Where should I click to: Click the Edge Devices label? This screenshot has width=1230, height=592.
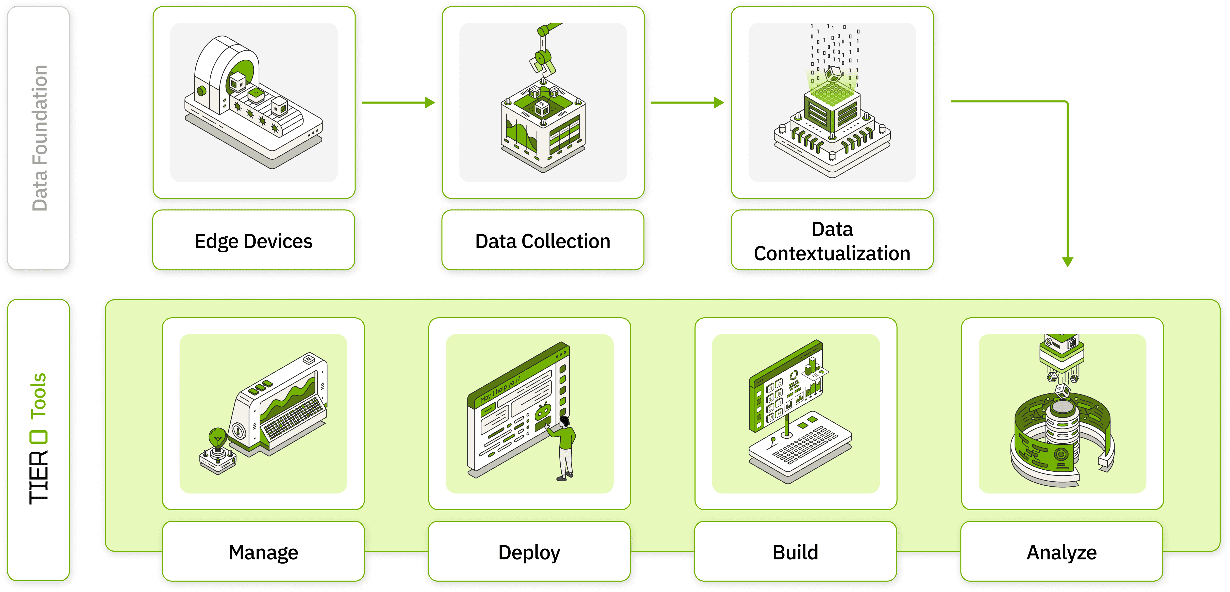pos(254,241)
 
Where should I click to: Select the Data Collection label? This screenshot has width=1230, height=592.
pos(542,241)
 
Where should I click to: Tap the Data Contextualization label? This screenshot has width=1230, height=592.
pos(832,241)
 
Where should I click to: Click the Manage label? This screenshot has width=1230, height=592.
pos(263,552)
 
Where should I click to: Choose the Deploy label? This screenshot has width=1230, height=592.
pos(529,552)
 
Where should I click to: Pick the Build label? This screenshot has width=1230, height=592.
pos(796,552)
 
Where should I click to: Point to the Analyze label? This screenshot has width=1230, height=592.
pos(1061,552)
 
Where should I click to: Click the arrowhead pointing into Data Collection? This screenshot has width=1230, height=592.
pos(430,102)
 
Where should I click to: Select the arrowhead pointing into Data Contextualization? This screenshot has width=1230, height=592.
pos(719,102)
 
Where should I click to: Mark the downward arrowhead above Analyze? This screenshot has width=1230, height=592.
pos(1068,261)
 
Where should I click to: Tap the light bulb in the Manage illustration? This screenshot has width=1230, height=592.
pos(218,437)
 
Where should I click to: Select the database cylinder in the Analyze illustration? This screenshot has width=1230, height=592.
pos(1063,423)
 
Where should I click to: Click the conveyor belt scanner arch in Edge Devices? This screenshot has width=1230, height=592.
pos(227,72)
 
